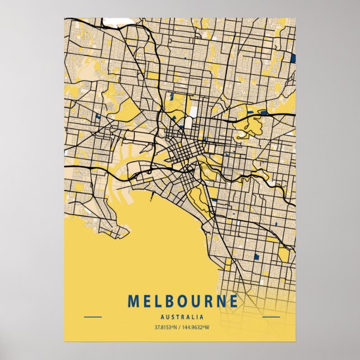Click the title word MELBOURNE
pos(183,301)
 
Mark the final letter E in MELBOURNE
pos(233,301)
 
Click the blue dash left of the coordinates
pos(92,317)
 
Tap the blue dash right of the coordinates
pos(271,317)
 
